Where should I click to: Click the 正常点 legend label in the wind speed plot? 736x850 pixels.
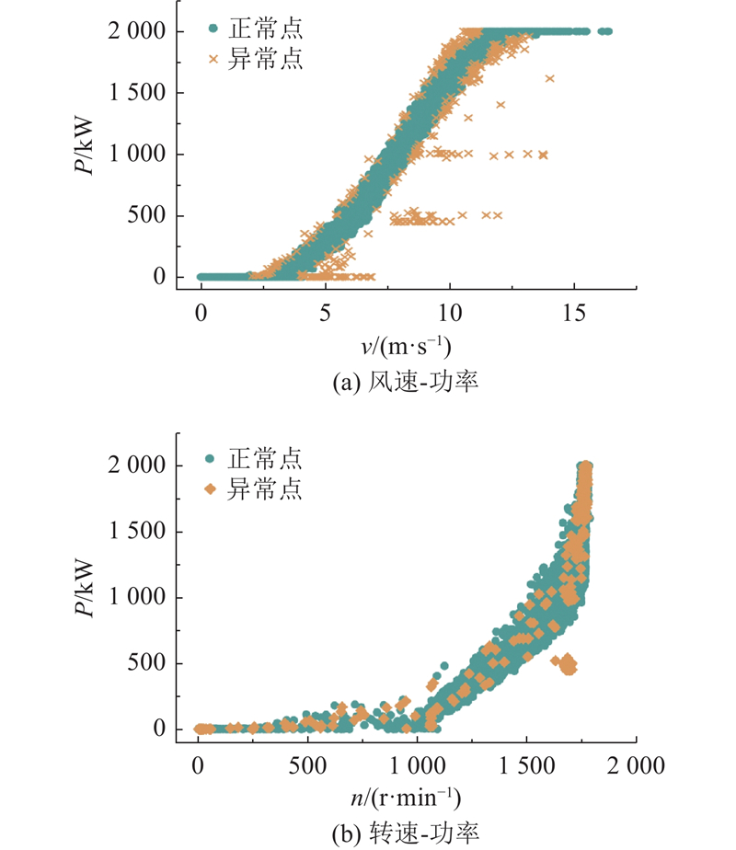(265, 29)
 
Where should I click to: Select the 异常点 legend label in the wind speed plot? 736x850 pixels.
(265, 59)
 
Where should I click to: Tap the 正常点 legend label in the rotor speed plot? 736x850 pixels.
(264, 459)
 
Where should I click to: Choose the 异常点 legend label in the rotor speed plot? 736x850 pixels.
(264, 488)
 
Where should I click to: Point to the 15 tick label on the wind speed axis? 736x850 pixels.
(574, 313)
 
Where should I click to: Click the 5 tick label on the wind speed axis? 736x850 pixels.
(325, 313)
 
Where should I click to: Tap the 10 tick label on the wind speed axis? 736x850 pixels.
(449, 313)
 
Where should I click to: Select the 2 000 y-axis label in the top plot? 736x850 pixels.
(136, 31)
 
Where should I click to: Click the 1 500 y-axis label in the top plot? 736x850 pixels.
(136, 92)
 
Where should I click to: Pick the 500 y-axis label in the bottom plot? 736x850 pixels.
(146, 662)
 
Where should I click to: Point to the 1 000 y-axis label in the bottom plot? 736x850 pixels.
(136, 597)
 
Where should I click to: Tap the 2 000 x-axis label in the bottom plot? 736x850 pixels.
(636, 766)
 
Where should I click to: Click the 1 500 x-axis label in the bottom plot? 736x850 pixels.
(526, 766)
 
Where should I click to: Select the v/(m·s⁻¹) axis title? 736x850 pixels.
(406, 347)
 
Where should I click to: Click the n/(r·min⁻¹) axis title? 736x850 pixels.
(406, 798)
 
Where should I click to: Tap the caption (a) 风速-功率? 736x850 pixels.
(406, 382)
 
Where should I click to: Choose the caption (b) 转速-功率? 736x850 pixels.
(406, 833)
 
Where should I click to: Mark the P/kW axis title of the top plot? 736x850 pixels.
(85, 146)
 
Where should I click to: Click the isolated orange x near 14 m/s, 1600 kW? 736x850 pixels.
(549, 78)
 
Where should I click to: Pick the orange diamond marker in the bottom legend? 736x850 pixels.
(210, 489)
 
